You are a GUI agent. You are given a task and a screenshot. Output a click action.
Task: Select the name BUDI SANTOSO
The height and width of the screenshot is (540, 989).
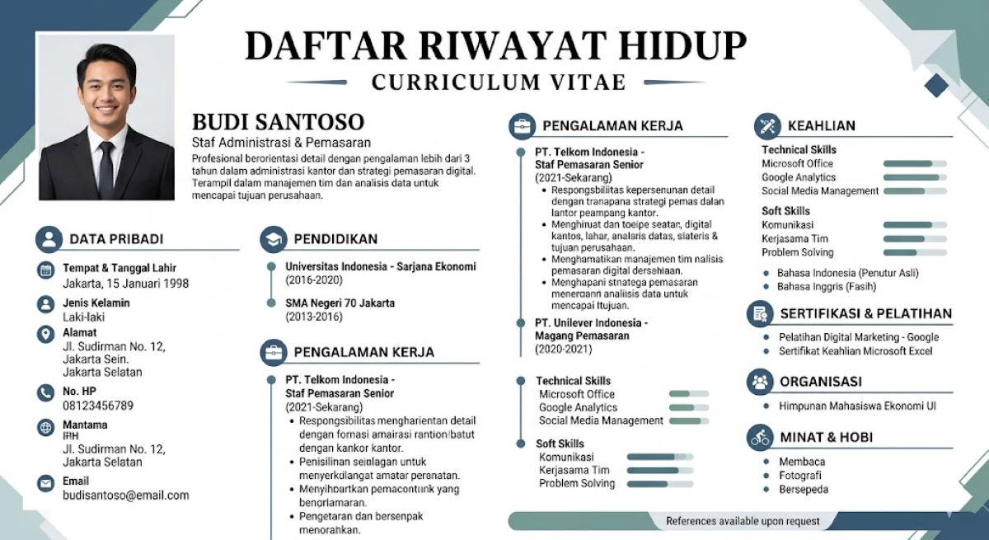pos(278,122)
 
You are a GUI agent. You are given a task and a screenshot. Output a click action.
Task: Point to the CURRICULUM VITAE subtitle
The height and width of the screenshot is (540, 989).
pos(498,82)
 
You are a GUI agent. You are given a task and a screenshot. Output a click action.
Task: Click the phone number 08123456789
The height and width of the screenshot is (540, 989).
pos(98,406)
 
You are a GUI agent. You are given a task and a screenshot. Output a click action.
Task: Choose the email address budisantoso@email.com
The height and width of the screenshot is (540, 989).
pos(126,495)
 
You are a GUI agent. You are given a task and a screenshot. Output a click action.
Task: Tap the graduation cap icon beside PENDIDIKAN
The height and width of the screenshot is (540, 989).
pos(273,239)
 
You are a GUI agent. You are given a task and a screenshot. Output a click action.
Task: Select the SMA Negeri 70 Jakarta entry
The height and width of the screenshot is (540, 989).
pos(340,303)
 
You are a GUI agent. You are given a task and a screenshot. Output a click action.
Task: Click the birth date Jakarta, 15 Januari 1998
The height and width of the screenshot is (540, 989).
pos(125,283)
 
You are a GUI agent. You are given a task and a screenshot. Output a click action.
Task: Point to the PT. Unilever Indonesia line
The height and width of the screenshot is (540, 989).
pos(591,322)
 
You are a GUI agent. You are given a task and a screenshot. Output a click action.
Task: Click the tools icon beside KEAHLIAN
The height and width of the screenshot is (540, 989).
pos(766,126)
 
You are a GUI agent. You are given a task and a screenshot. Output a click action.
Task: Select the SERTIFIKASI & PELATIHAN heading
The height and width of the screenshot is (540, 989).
pos(865,313)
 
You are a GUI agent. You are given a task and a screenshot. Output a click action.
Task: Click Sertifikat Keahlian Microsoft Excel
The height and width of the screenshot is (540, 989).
pos(855,351)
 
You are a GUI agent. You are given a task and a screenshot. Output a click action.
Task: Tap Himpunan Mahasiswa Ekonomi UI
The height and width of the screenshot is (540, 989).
pos(857,406)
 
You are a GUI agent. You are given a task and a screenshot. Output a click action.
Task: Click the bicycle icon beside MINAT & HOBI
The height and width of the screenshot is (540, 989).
pos(759,437)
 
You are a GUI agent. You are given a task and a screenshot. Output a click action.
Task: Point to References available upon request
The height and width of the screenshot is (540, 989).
pos(743,521)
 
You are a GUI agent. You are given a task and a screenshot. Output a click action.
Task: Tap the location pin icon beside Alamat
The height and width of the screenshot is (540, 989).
pos(46,334)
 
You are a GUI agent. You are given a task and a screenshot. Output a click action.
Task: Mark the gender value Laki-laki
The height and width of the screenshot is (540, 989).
pos(84,317)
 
